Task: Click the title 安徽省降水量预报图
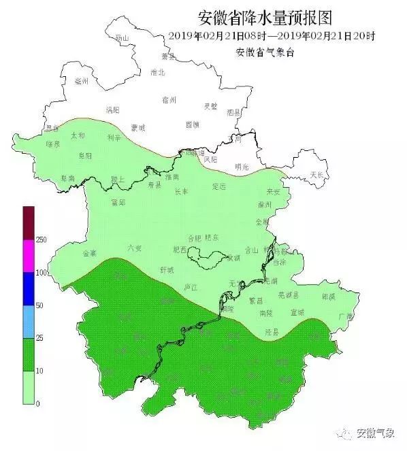264,17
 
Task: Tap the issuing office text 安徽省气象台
264,53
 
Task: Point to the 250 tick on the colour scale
41,240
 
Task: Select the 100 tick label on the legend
41,273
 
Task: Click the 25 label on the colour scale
39,338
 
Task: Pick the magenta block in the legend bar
28,256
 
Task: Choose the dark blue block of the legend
28,288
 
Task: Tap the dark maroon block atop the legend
28,222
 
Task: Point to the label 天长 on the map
317,175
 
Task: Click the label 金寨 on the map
89,253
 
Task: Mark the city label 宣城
297,312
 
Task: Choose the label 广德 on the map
346,316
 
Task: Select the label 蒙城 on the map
138,127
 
